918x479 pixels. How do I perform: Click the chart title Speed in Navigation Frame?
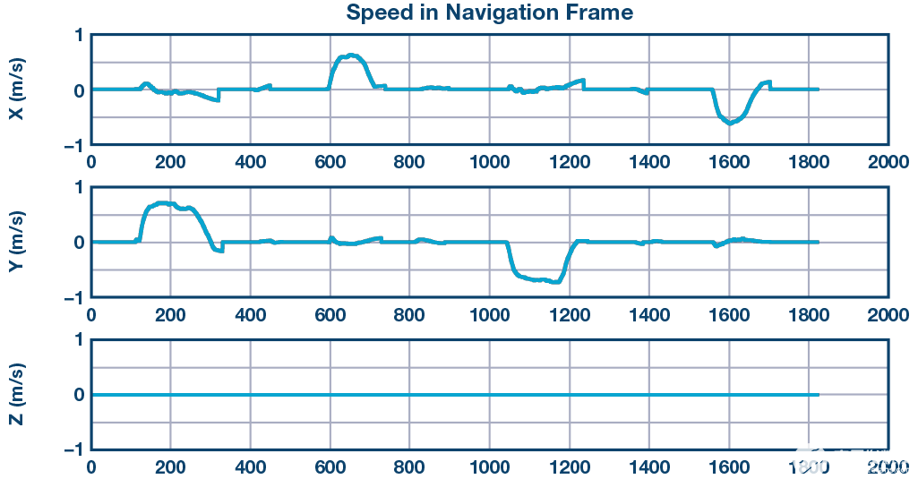(x=489, y=13)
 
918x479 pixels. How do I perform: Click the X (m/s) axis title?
(x=16, y=90)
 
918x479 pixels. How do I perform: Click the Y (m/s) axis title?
(x=16, y=242)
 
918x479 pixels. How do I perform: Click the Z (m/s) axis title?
(x=16, y=395)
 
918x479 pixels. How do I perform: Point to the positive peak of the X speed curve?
(x=351, y=56)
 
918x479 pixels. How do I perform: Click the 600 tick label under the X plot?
(x=330, y=162)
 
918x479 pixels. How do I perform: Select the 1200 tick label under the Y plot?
(x=570, y=315)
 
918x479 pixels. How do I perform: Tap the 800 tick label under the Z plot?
(x=409, y=466)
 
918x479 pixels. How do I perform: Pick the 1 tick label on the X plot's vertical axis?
(x=79, y=35)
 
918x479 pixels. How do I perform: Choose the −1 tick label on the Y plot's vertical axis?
(x=74, y=297)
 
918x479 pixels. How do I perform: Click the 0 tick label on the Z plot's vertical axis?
(x=79, y=395)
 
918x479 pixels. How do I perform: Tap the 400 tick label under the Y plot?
(x=250, y=315)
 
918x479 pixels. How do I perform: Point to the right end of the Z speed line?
(x=818, y=395)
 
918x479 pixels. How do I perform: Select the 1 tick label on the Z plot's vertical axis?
(x=79, y=340)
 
